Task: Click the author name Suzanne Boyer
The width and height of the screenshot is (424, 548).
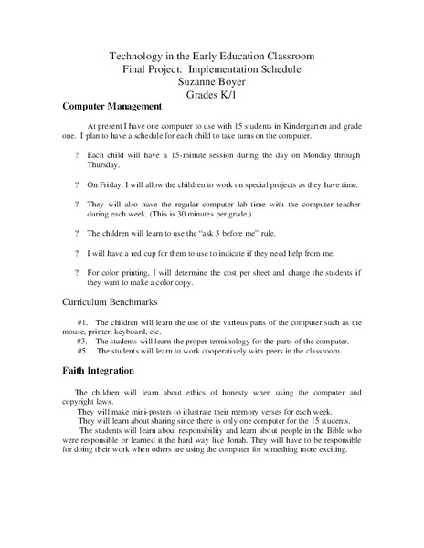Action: [211, 80]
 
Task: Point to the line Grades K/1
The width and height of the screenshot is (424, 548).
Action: [211, 93]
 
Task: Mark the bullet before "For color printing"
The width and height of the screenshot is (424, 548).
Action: [76, 272]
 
